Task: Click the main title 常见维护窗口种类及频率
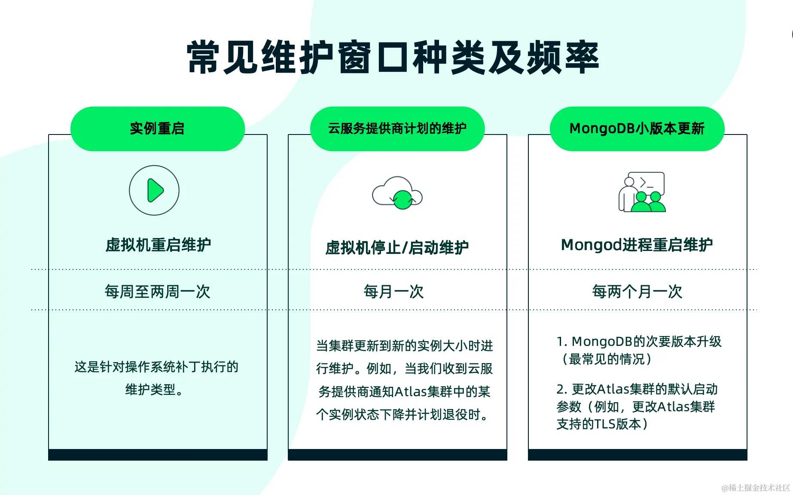point(393,57)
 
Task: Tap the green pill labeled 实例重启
point(158,128)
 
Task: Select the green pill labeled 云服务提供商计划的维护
point(397,128)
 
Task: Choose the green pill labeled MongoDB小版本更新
point(637,128)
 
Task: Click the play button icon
point(154,190)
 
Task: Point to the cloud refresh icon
point(397,193)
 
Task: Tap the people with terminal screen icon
point(642,192)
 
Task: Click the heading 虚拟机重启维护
point(158,245)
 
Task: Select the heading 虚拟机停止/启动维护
point(397,247)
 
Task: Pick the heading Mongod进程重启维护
point(637,245)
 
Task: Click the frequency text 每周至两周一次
point(158,292)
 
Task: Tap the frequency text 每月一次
point(393,292)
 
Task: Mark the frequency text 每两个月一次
point(637,292)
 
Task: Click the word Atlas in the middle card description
point(411,391)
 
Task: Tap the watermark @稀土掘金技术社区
point(756,488)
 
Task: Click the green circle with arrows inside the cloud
point(403,200)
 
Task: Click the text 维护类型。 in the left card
point(154,390)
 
